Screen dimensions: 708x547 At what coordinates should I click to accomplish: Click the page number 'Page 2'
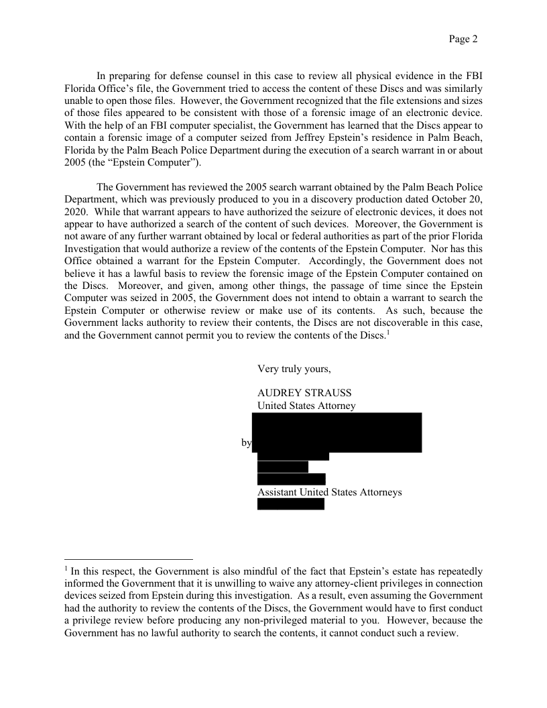pyautogui.click(x=463, y=39)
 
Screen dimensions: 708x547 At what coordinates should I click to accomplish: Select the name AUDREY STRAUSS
pyautogui.click(x=295, y=393)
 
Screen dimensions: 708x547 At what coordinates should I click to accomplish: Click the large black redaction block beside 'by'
pyautogui.click(x=337, y=432)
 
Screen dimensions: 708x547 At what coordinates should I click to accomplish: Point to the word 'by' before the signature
pyautogui.click(x=246, y=442)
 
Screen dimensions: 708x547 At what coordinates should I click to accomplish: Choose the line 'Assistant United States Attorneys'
pyautogui.click(x=330, y=492)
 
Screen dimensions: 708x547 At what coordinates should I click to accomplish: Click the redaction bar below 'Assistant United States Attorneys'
pyautogui.click(x=291, y=504)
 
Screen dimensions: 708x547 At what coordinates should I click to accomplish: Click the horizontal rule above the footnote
pyautogui.click(x=129, y=558)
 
